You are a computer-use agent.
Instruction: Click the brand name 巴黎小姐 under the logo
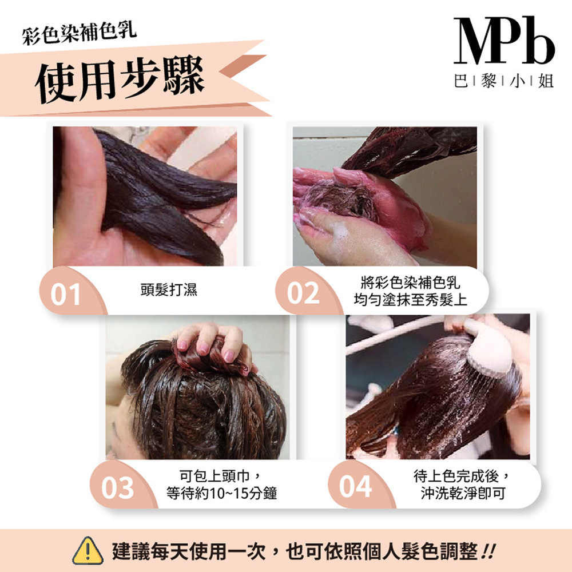pos(503,82)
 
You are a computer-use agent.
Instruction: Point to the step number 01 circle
pos(66,293)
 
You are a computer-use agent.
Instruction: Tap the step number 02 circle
pos(303,293)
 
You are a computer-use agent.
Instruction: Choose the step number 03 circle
pos(118,488)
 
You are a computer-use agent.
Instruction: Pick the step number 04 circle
pos(355,487)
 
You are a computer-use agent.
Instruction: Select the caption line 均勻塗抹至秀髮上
pos(410,299)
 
